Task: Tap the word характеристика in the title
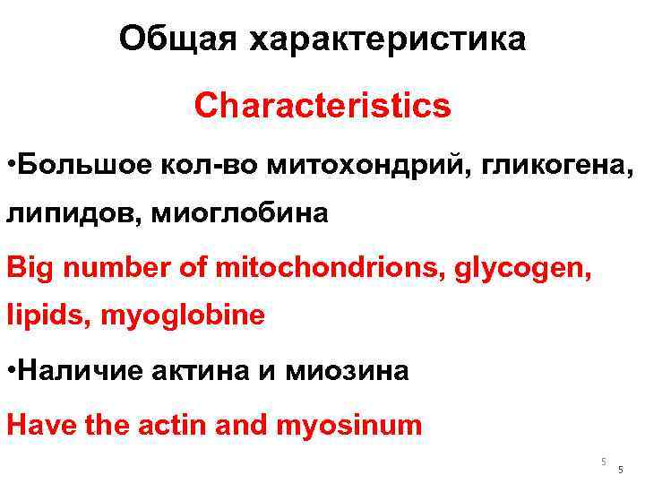pyautogui.click(x=388, y=39)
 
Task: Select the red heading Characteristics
pyautogui.click(x=322, y=106)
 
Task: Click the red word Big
pyautogui.click(x=29, y=265)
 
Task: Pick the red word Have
pyautogui.click(x=41, y=423)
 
